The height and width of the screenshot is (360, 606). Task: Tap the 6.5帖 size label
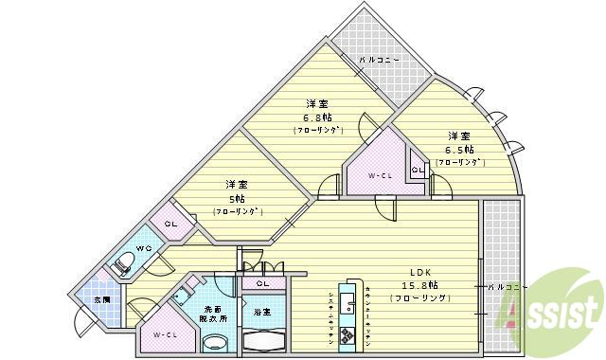460,150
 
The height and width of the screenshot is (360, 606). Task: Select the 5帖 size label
236,199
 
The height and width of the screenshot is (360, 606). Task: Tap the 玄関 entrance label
101,300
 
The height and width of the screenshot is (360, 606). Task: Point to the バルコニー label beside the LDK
503,285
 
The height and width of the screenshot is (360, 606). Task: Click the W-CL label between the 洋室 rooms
381,176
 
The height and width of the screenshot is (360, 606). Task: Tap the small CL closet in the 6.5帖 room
417,171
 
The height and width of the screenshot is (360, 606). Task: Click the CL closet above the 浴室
261,283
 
